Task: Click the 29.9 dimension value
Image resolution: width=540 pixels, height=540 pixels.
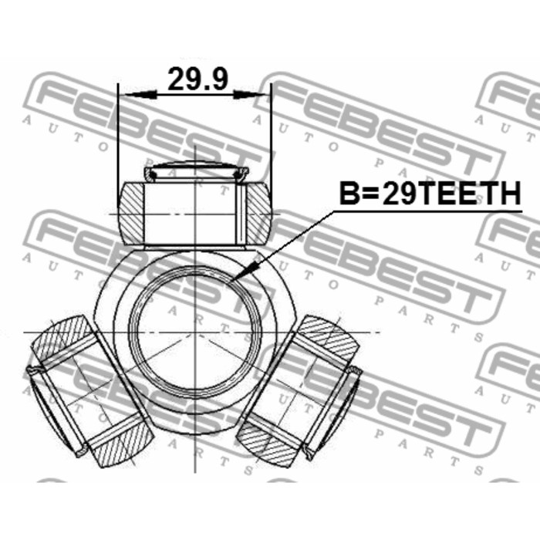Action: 197,79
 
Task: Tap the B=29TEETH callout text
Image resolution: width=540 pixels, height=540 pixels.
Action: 430,194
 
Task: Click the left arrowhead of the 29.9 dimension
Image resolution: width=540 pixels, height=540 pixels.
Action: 141,94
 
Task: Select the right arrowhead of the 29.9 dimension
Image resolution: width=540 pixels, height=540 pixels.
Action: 250,94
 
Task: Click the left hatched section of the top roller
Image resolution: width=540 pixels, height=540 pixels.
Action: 132,214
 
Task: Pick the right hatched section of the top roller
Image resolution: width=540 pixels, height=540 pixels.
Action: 259,214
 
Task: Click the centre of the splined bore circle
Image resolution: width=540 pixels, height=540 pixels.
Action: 195,332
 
